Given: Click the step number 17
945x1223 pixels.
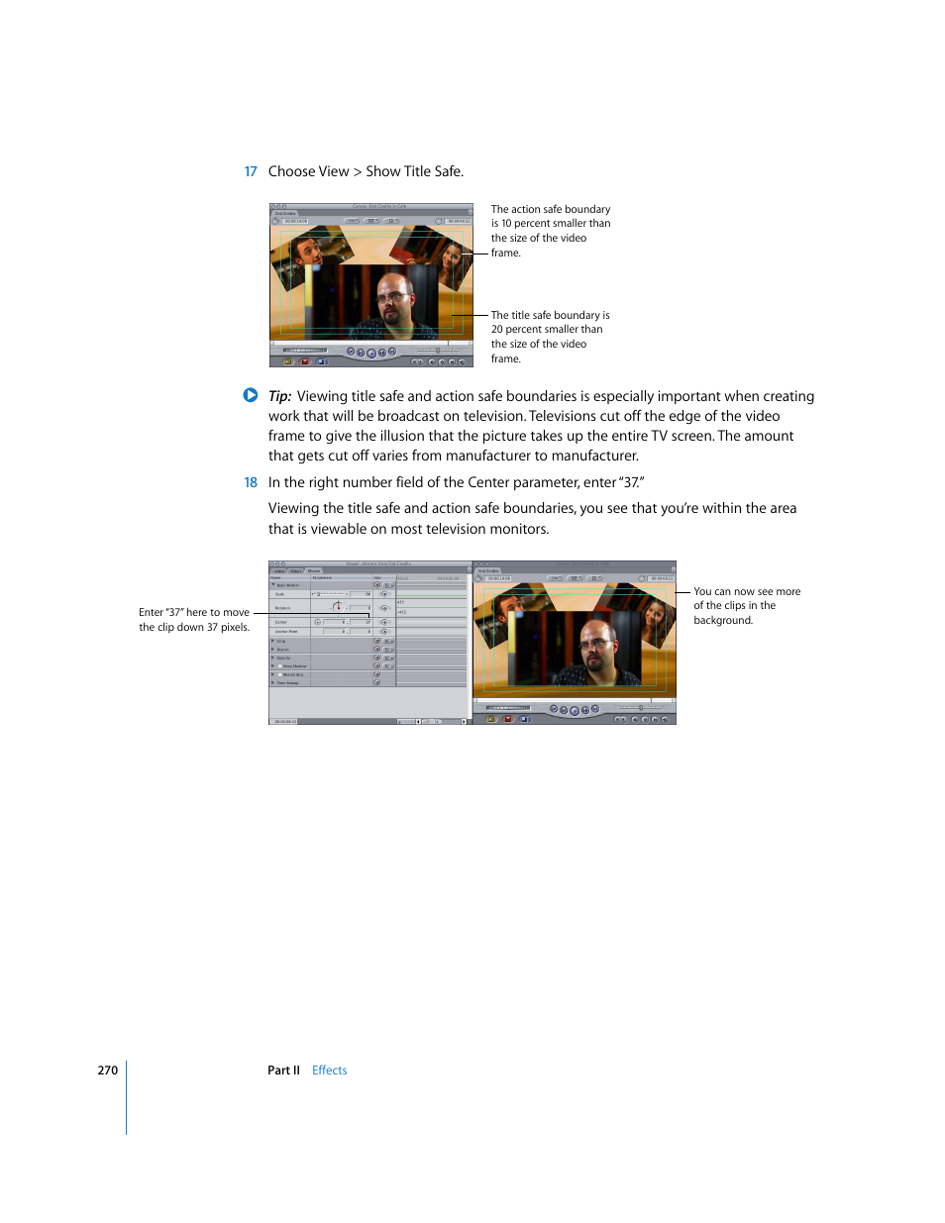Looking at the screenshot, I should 251,172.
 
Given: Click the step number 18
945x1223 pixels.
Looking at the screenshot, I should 251,483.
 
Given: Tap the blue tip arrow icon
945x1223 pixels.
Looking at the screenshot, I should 251,395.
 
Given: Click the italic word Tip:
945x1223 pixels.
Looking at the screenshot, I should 279,396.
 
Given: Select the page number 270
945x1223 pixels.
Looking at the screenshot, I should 107,1070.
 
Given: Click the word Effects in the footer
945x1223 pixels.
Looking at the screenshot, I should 329,1070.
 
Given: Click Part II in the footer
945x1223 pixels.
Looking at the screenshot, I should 283,1070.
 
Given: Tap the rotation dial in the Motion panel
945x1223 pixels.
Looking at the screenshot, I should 337,607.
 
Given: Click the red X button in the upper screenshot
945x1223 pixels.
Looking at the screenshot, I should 305,361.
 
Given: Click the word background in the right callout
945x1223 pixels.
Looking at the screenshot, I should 723,621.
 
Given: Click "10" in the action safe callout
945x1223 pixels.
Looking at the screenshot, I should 506,224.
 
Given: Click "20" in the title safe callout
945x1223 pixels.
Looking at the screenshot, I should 497,330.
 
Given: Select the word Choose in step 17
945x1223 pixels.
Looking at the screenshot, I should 291,172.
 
